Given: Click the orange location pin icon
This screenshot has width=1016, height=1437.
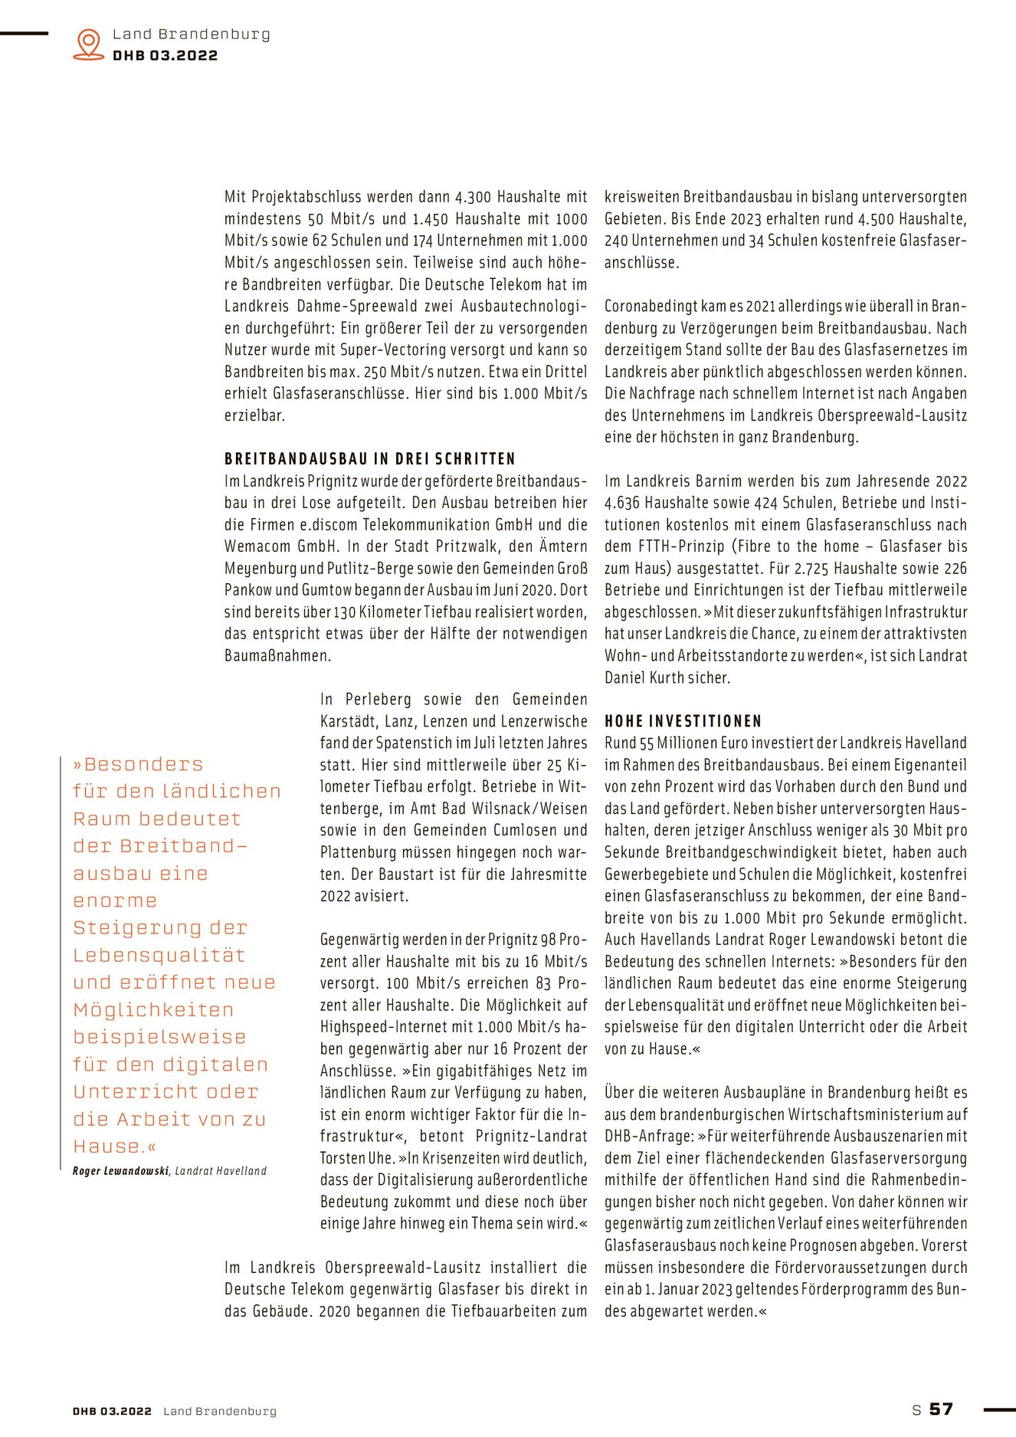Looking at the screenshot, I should (x=89, y=44).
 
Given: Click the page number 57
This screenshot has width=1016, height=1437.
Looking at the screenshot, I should (x=941, y=1409).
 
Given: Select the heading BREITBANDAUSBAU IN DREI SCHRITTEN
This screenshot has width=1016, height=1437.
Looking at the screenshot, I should (x=370, y=459).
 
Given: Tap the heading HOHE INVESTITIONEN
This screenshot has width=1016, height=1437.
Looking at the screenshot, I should (x=683, y=721).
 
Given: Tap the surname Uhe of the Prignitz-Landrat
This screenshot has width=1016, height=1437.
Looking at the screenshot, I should (x=381, y=1158).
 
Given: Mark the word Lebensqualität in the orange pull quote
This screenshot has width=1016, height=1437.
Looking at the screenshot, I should (x=159, y=955).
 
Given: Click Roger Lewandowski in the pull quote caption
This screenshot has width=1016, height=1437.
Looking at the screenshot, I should (x=120, y=1171).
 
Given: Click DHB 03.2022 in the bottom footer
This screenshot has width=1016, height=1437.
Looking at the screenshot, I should (x=112, y=1411).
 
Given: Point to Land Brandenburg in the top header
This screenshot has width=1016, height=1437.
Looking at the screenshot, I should (x=192, y=34).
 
